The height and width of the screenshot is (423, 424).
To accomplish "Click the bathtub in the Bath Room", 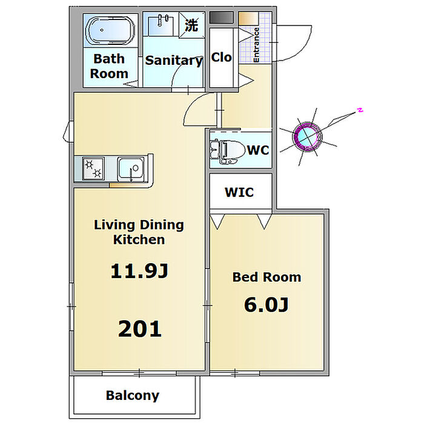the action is (110, 30).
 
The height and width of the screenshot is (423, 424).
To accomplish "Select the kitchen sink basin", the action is (131, 168).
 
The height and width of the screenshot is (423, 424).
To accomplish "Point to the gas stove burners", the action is (93, 168).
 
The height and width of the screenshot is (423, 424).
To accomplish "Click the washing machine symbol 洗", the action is (192, 25).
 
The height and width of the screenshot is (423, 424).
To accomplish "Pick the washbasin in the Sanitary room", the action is (161, 24).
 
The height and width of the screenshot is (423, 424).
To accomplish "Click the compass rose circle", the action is (306, 136).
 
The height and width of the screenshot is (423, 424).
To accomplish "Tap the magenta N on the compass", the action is (360, 110).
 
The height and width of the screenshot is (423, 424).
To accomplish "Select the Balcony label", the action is (133, 396).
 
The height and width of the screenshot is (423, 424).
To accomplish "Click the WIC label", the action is (239, 192).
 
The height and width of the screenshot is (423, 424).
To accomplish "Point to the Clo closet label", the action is (222, 58).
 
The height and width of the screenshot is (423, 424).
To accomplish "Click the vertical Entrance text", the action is (256, 45).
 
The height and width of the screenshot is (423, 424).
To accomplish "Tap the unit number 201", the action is (140, 328).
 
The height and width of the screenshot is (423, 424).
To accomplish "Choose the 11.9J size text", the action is (139, 271).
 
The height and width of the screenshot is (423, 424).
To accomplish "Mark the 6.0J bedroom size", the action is (267, 305).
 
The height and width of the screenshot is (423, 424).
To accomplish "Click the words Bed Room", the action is (267, 277).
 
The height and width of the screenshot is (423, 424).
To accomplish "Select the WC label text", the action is (258, 150).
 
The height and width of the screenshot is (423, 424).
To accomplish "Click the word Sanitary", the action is (174, 61).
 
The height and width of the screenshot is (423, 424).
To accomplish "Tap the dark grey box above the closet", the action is (222, 18).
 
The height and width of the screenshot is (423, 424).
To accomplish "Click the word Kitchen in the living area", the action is (139, 239).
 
